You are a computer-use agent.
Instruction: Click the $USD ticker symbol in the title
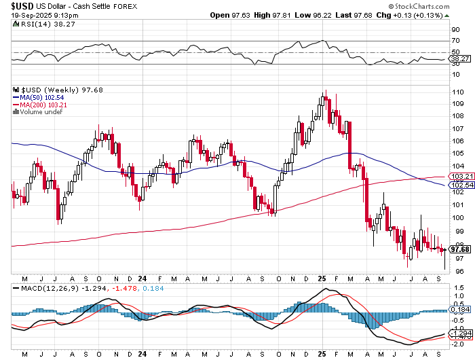pyautogui.click(x=22, y=5)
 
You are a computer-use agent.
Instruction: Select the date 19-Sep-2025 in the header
pyautogui.click(x=33, y=15)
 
